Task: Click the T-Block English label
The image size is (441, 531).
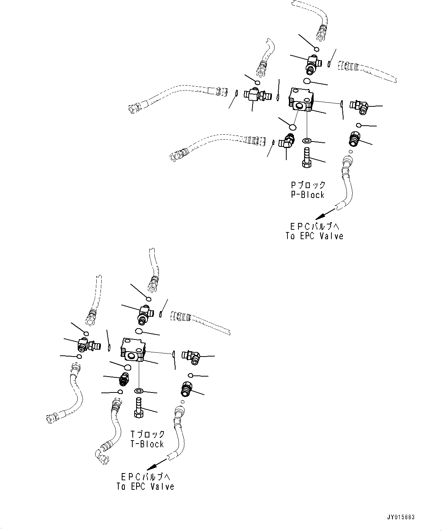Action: [147, 444]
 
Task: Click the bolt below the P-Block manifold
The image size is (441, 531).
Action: [306, 158]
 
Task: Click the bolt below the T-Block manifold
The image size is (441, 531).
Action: [138, 408]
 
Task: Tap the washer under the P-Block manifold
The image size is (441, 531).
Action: [306, 141]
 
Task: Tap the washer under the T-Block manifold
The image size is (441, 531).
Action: [139, 391]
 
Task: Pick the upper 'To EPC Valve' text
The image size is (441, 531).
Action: [314, 236]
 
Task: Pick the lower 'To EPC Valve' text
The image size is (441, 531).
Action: [146, 486]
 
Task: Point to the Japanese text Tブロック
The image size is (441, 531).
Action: [148, 434]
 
